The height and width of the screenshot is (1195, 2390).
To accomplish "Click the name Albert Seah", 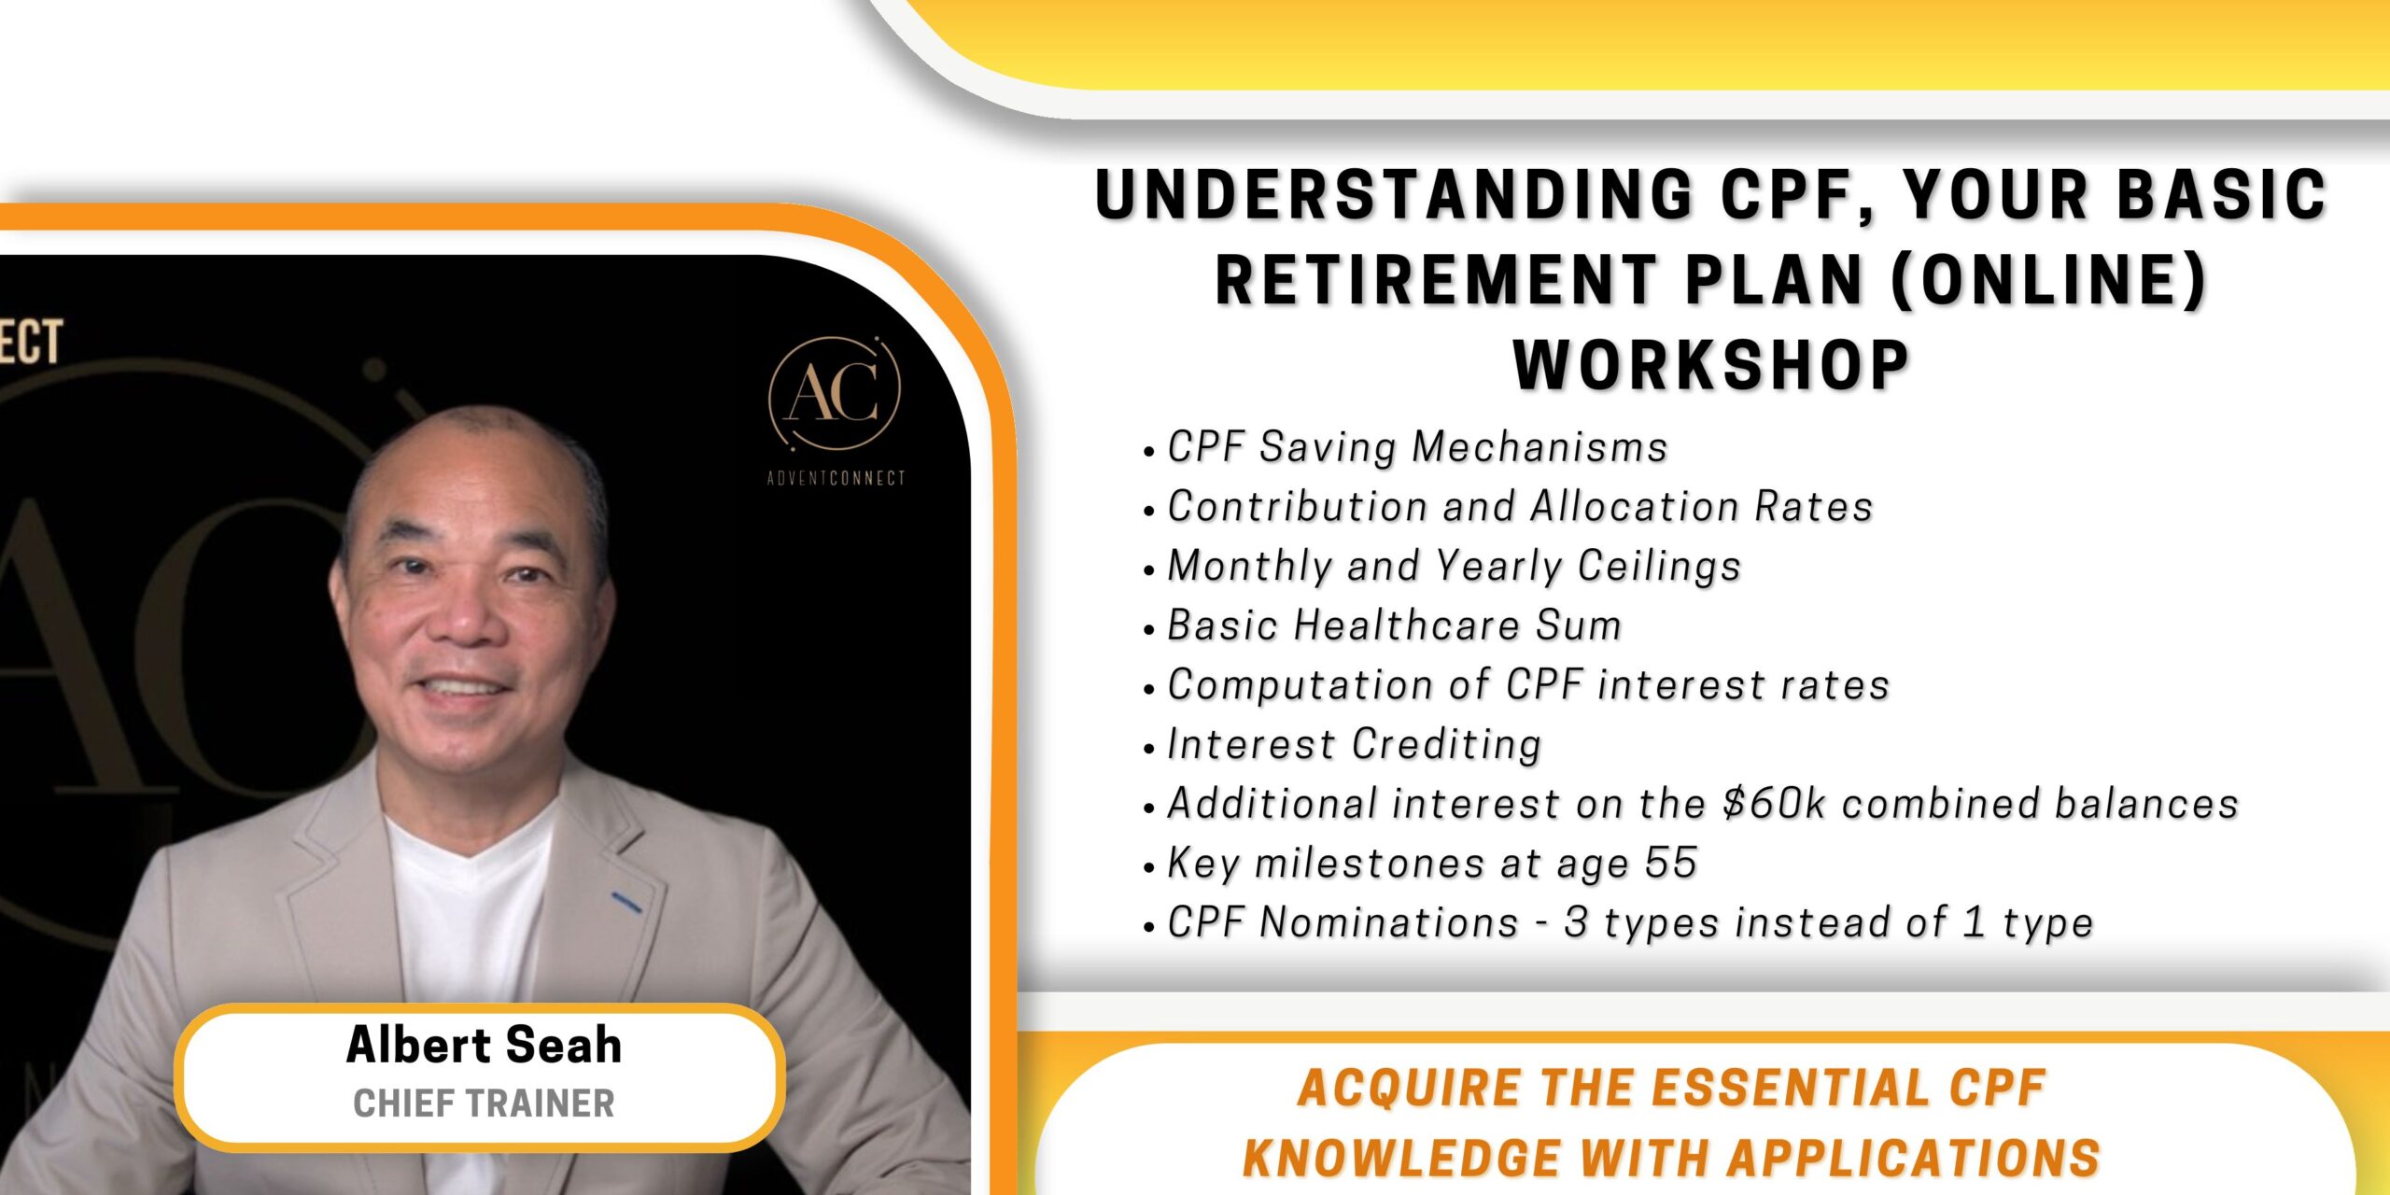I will click(484, 1045).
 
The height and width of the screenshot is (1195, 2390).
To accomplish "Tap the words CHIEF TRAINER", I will click(484, 1104).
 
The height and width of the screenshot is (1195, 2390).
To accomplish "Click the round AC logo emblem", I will click(834, 394).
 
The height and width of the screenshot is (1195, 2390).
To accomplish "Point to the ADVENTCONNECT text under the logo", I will click(836, 478).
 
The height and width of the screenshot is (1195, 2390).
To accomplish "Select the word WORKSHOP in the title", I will click(1711, 365).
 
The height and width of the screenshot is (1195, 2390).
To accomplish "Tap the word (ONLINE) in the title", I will click(2048, 279).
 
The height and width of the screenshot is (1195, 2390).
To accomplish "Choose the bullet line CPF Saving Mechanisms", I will click(1417, 446).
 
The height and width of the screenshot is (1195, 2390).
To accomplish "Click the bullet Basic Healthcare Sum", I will click(1394, 626).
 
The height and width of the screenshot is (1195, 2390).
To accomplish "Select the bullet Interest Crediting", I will click(1354, 744).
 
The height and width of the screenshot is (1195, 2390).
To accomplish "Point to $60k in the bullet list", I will click(1773, 804).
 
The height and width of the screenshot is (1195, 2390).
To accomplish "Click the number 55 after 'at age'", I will click(1670, 863).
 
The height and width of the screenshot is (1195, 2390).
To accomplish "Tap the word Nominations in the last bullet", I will click(1389, 922).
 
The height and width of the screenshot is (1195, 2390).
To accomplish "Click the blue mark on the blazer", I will click(626, 903).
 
